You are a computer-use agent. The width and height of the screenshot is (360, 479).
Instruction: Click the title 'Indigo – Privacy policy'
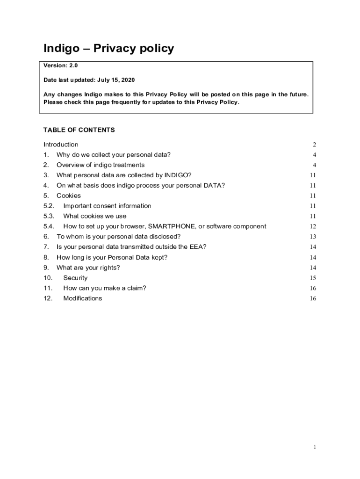click(108, 49)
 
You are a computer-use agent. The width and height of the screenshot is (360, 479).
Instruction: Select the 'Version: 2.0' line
click(61, 66)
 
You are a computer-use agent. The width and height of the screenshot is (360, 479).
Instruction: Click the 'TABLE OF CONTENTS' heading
click(79, 130)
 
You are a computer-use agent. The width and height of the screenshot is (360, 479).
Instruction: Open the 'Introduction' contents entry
click(61, 145)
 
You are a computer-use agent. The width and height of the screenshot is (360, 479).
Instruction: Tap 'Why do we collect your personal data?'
click(114, 155)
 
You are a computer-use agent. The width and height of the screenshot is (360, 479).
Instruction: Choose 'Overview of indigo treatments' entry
click(101, 165)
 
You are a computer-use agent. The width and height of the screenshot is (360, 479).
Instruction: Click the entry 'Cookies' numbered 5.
click(69, 196)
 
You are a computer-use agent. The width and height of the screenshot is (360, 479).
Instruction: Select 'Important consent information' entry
click(107, 206)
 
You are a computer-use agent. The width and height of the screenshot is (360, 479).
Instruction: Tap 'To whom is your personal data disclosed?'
click(119, 237)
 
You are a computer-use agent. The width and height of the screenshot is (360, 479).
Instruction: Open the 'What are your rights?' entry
click(88, 268)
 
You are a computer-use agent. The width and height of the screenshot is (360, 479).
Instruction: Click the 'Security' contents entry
click(75, 278)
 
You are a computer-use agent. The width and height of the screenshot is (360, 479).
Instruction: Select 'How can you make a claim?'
click(105, 289)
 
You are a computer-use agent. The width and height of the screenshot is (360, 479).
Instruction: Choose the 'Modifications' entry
click(83, 299)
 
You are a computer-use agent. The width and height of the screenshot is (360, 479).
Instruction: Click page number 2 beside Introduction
click(315, 145)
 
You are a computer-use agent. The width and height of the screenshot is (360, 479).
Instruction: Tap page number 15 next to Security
click(313, 278)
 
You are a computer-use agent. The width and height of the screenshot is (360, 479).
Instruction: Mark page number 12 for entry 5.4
click(313, 227)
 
